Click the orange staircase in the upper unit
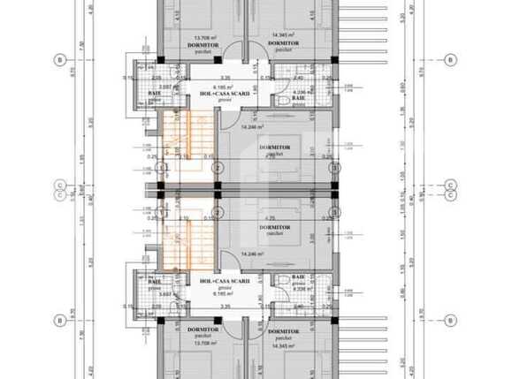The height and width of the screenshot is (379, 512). click(x=188, y=145)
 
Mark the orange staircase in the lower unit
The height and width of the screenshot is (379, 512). click(x=188, y=237)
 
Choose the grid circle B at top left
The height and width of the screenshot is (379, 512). click(x=59, y=60)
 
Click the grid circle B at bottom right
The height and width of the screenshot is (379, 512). click(x=451, y=319)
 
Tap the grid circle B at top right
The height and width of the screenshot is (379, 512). click(x=451, y=60)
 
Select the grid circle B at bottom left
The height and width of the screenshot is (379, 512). click(x=59, y=319)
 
